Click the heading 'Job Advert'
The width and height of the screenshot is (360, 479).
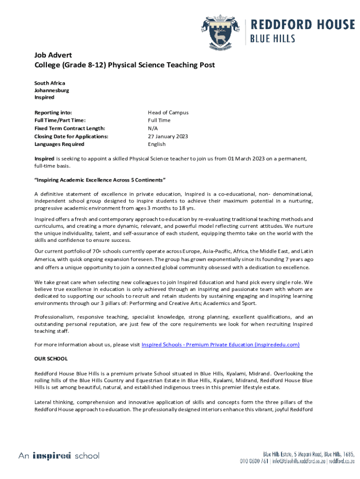point(52,55)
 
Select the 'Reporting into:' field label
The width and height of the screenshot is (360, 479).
point(53,113)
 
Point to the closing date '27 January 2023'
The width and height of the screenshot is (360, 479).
point(168,137)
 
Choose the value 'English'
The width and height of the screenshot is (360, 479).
point(157,145)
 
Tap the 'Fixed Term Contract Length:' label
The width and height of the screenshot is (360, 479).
point(70,129)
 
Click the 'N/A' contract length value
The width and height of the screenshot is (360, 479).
point(152,129)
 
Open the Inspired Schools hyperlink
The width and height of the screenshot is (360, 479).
point(220,345)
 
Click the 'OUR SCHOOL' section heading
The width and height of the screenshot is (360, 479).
point(51,359)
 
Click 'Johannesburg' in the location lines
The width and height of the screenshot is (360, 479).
point(51,90)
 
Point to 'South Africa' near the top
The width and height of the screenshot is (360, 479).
point(50,83)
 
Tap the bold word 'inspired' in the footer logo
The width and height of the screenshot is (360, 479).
point(51,456)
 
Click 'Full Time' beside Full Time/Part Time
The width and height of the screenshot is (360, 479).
point(159,121)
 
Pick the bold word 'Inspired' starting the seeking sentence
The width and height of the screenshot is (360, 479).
point(44,159)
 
